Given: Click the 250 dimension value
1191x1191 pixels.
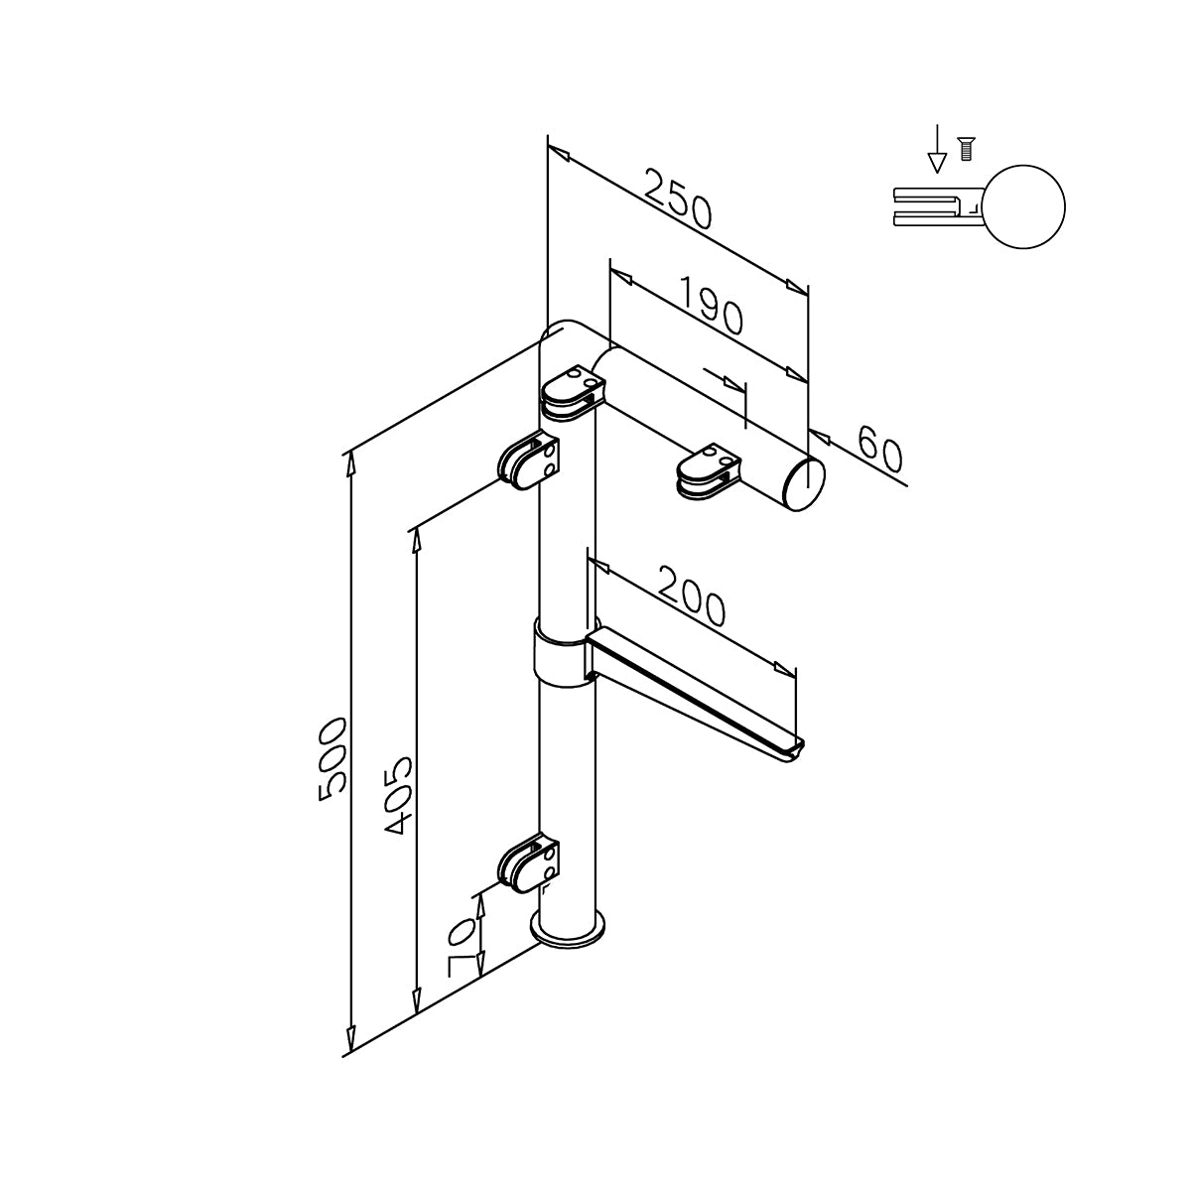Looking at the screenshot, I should click(x=678, y=198).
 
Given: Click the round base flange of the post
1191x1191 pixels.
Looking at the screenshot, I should click(x=568, y=931).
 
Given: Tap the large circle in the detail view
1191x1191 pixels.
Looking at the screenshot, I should click(x=1024, y=206).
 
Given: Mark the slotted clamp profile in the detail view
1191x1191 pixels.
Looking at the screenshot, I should click(x=933, y=206).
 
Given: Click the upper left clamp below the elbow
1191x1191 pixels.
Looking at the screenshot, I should click(x=529, y=462).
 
